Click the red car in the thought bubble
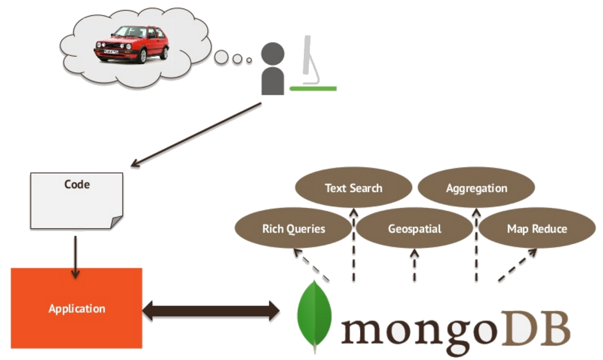click(x=131, y=44)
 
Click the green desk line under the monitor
click(x=313, y=89)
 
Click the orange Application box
click(x=77, y=308)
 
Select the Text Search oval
click(x=353, y=188)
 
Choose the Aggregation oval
click(x=476, y=188)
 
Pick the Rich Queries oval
click(x=294, y=229)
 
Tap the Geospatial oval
click(x=414, y=229)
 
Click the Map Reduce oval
click(x=537, y=229)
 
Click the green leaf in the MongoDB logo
click(x=314, y=315)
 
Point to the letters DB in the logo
click(x=538, y=328)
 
